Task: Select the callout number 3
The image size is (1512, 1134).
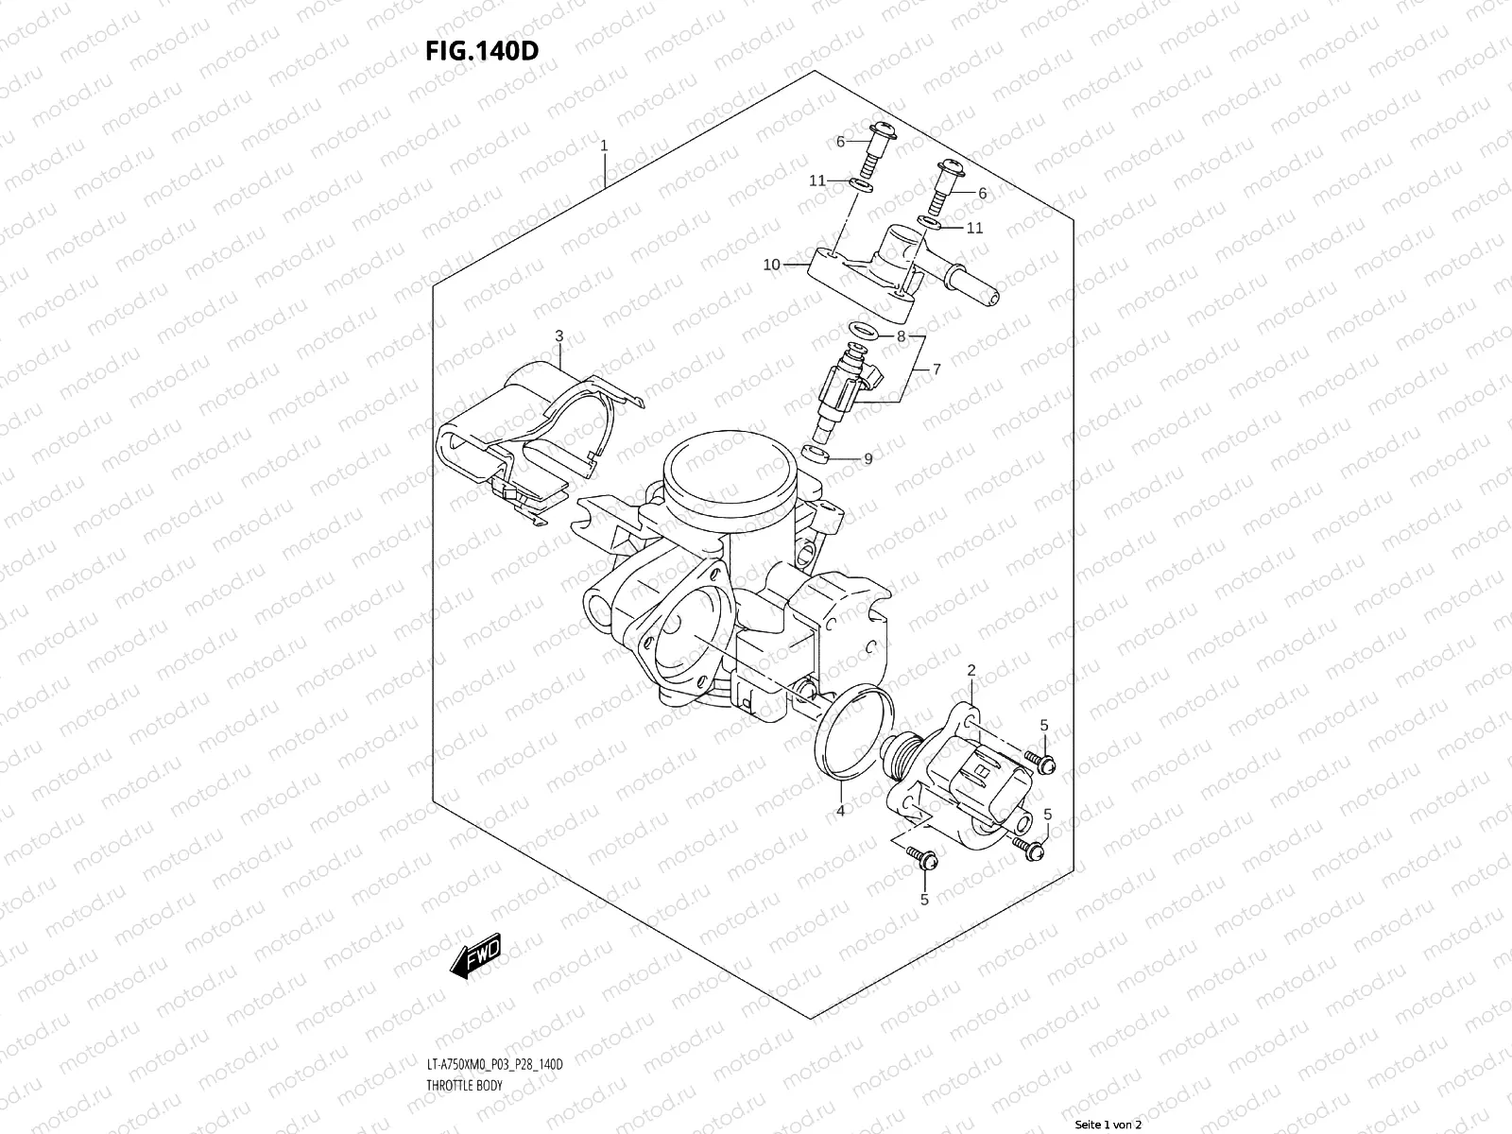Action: click(558, 336)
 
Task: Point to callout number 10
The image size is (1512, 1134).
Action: click(772, 265)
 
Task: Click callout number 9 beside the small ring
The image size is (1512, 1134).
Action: click(868, 459)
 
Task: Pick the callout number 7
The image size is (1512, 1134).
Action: click(936, 370)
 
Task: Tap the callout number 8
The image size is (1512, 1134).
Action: click(902, 336)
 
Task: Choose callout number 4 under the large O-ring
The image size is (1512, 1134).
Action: click(839, 810)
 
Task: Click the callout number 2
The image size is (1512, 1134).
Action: click(971, 670)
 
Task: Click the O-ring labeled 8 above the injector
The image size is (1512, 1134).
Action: click(863, 331)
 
